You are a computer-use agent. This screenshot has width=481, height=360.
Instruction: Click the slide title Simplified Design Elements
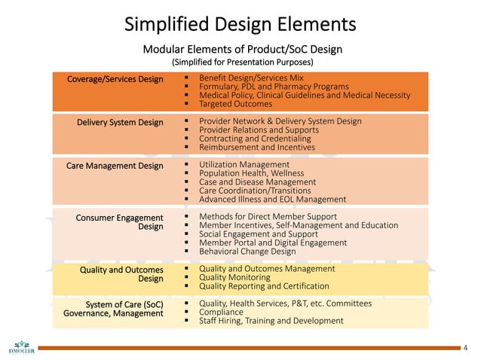click(240, 24)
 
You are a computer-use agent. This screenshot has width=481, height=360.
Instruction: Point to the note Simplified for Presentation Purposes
click(241, 62)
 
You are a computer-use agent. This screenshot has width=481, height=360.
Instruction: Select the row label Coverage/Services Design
click(115, 79)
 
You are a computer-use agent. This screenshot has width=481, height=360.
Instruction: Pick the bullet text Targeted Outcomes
click(235, 104)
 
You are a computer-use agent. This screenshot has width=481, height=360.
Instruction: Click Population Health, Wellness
click(251, 173)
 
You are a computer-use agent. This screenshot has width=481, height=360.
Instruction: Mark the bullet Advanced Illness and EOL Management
click(272, 200)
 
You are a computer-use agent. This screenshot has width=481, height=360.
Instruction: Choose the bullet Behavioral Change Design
click(247, 252)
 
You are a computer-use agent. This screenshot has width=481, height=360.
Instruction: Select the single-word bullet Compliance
click(221, 312)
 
